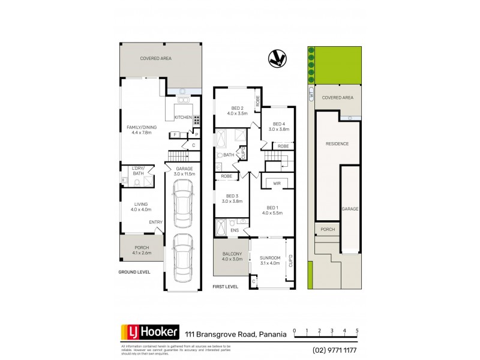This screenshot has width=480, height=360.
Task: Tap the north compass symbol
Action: [x=277, y=58]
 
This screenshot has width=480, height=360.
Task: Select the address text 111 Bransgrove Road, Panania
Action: [x=236, y=334]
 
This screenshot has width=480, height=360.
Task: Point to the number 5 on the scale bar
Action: [x=357, y=331]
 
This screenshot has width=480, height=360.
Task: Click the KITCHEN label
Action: [x=183, y=117]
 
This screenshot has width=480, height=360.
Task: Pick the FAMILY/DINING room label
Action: [x=141, y=127]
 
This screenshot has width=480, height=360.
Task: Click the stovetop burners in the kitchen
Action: [x=196, y=119]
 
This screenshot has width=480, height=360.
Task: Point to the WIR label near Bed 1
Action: [x=277, y=182]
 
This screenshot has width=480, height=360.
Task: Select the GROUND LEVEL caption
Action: [x=133, y=272]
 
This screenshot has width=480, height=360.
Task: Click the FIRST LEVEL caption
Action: [x=226, y=287]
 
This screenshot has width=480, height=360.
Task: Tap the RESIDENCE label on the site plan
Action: [x=337, y=144]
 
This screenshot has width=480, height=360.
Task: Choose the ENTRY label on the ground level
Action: [x=156, y=223]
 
